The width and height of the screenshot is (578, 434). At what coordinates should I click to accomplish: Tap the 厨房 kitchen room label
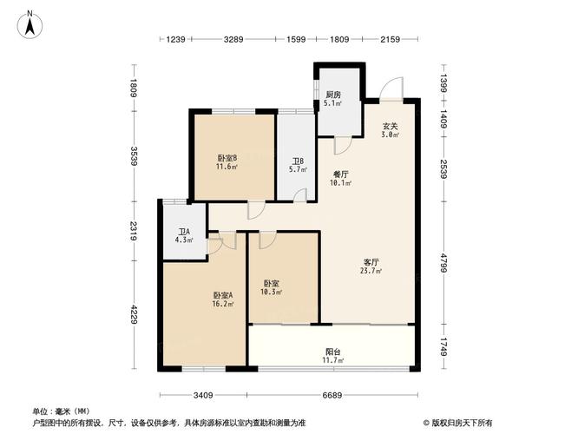pos(333,95)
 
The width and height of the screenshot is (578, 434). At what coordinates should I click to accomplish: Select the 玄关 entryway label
pos(391,126)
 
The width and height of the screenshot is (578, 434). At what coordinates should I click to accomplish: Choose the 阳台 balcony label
pos(332,352)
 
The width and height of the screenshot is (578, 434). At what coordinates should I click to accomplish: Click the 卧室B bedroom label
pos(227,157)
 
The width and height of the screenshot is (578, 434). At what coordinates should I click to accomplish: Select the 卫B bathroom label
pos(296,161)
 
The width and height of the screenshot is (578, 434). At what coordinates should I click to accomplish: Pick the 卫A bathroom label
pos(183,233)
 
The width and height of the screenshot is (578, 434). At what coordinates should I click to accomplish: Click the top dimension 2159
pos(390,39)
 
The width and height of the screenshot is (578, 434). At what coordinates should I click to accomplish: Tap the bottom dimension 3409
pos(203,396)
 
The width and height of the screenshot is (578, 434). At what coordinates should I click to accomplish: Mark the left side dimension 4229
pos(134,313)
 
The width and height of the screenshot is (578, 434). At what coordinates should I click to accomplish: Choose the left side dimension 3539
pos(134,157)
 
